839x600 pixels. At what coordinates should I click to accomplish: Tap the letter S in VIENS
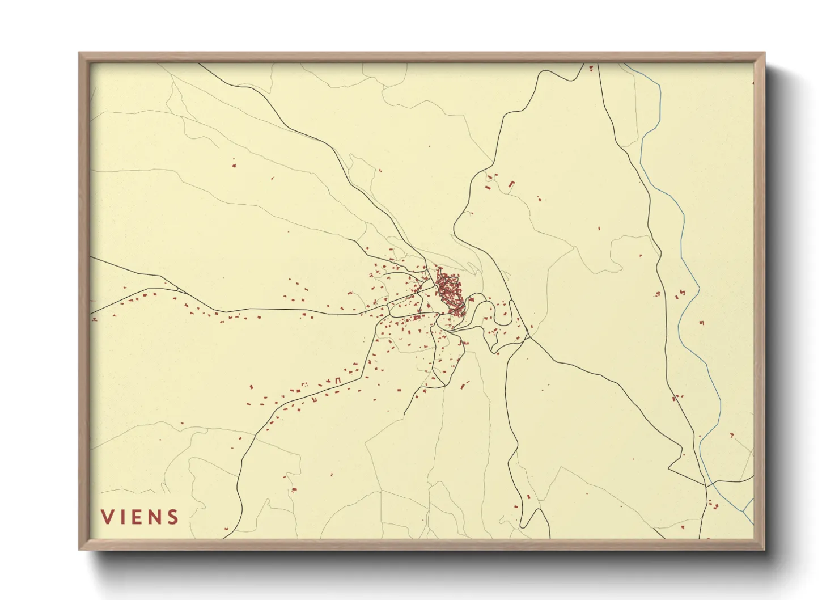[172, 517]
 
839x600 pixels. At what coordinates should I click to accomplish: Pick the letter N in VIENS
[154, 517]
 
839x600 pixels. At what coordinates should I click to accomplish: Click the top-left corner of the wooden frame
[79, 53]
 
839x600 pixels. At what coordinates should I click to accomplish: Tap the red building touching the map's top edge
[591, 69]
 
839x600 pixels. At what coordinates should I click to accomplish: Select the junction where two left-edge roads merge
[177, 291]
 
